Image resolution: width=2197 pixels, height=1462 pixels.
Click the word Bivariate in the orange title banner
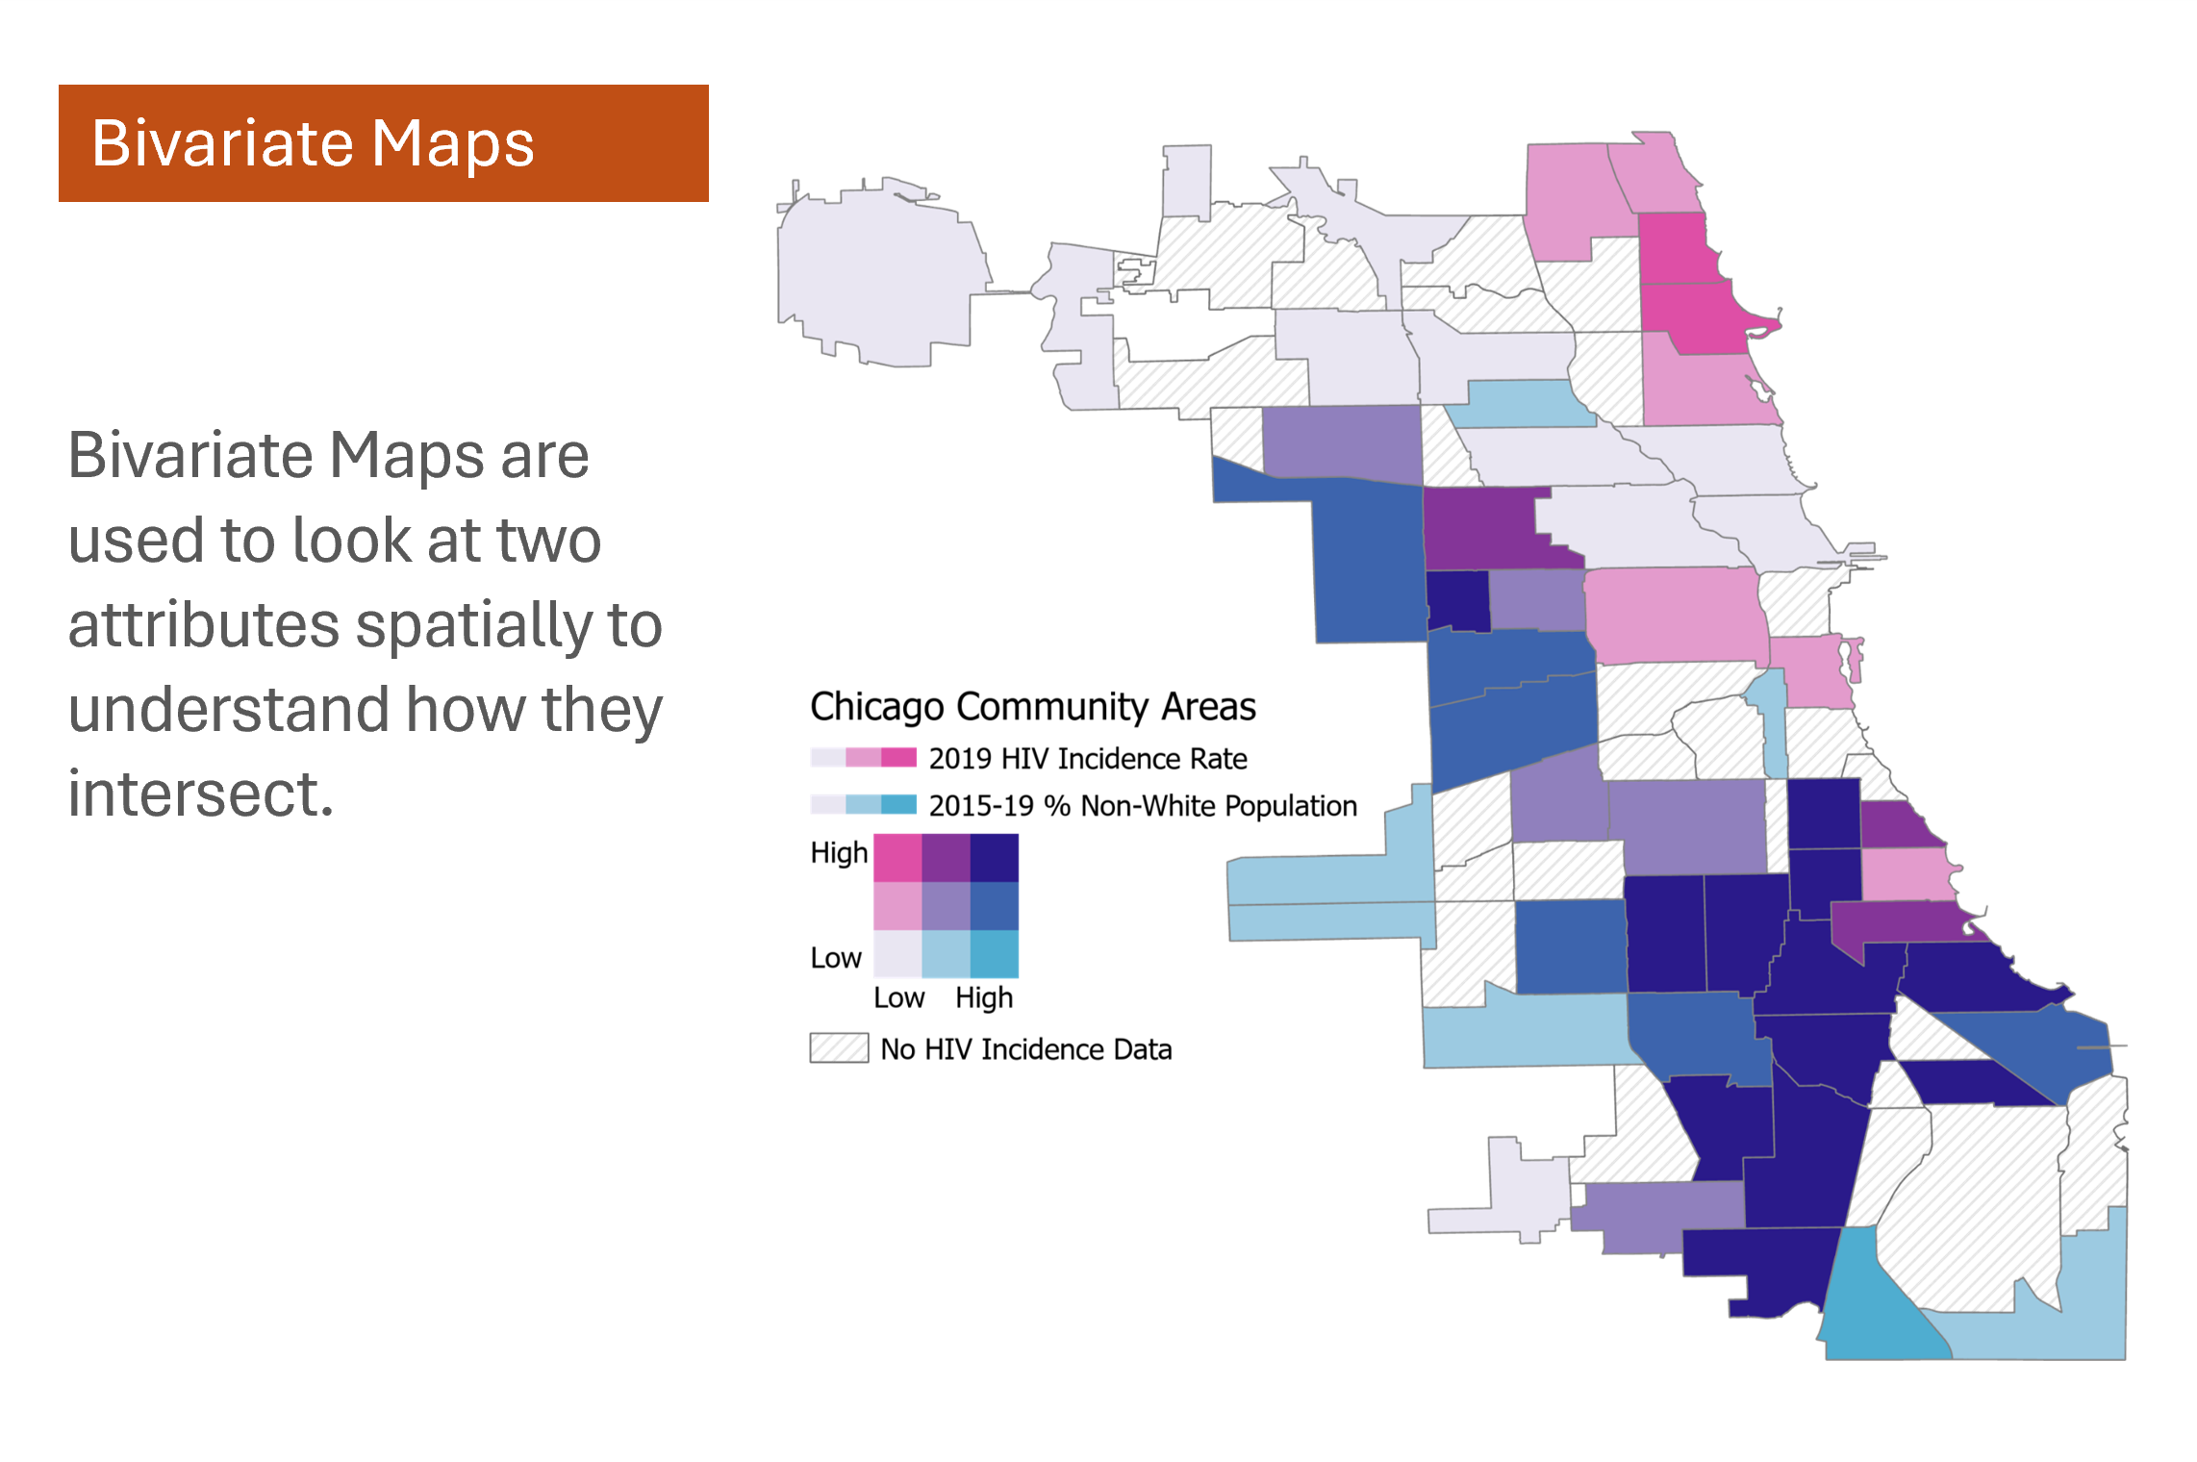[x=223, y=143]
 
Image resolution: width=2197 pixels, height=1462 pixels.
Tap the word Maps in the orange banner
[x=453, y=143]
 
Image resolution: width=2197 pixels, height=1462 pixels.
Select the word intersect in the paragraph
[x=200, y=794]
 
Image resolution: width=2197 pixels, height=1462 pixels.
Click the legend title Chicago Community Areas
[x=1033, y=707]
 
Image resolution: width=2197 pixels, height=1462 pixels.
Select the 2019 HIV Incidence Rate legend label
[x=1088, y=759]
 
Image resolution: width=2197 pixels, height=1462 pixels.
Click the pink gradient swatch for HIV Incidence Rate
[x=864, y=758]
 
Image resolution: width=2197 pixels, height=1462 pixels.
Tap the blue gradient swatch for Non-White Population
[x=864, y=804]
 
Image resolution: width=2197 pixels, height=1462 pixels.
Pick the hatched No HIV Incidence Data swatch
[x=839, y=1048]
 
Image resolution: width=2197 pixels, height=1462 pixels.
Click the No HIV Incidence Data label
[x=1026, y=1049]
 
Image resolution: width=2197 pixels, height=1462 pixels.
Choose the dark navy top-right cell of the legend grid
[x=995, y=858]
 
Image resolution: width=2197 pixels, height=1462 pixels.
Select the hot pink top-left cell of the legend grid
[x=897, y=858]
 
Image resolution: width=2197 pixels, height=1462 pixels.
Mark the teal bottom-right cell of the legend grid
[x=995, y=954]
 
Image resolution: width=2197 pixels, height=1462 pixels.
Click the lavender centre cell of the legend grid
[x=947, y=906]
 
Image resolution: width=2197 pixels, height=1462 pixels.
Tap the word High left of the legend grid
[x=839, y=853]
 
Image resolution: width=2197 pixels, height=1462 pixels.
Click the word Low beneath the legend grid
[x=899, y=997]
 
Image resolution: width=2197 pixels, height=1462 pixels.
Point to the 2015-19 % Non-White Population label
[x=1143, y=805]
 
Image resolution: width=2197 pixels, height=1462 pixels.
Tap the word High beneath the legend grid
[x=984, y=998]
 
